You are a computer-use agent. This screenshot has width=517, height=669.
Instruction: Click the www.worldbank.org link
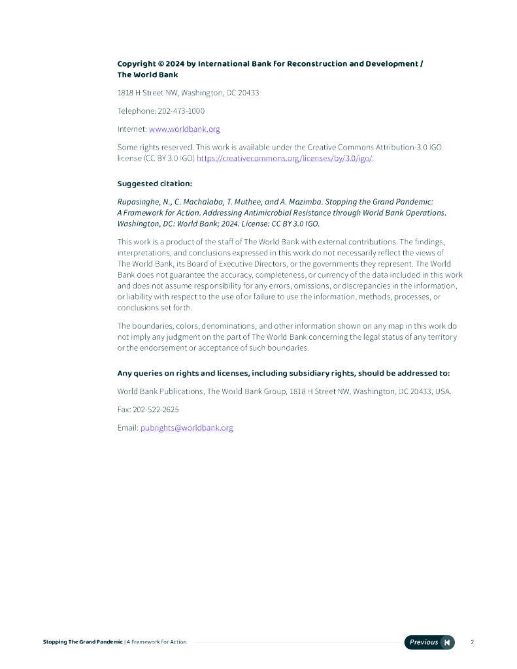point(184,129)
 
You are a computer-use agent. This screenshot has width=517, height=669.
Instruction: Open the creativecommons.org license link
point(284,159)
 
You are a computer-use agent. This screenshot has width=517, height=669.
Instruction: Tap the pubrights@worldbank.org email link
point(186,428)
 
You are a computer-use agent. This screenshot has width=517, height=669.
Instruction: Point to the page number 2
point(472,642)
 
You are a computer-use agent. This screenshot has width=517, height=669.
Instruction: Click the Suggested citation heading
point(154,184)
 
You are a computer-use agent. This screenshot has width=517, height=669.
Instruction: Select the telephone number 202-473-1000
point(181,111)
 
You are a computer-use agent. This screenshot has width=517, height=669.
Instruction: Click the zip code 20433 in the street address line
point(248,93)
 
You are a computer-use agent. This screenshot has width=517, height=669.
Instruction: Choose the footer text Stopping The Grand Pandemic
point(82,642)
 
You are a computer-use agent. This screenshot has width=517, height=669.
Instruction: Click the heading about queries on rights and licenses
point(283,374)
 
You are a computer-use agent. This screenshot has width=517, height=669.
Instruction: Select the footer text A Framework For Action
point(157,642)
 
